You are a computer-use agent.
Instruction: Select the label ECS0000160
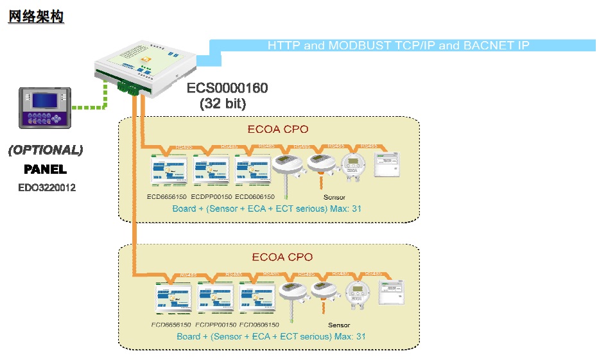227,88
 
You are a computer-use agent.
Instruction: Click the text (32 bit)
223,103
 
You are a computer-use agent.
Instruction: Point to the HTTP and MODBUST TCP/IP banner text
398,45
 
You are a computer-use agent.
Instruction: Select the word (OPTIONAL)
46,151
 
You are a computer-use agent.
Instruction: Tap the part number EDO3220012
47,188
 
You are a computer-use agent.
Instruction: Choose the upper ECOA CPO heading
278,129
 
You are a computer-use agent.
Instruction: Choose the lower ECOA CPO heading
282,257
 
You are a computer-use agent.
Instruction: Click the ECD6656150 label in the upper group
166,197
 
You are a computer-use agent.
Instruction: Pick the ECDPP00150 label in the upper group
211,197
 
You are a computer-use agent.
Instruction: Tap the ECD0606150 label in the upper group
255,197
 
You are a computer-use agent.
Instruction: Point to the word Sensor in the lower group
339,325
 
